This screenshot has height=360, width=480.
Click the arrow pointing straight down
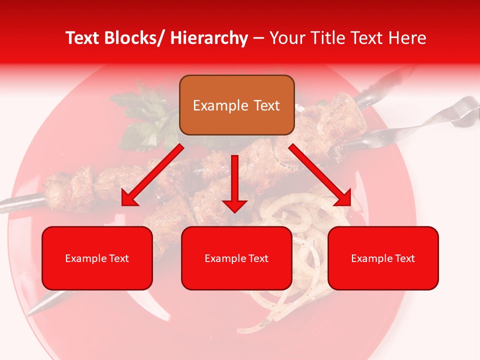[234, 185]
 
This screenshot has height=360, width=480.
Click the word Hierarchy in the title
[209, 38]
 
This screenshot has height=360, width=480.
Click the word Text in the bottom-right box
[404, 258]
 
